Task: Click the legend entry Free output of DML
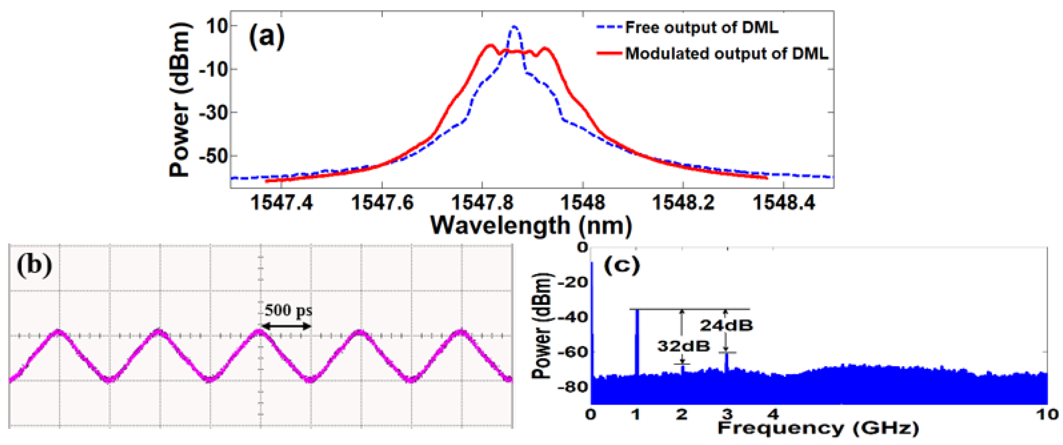(x=701, y=27)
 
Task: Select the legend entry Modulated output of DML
(x=726, y=54)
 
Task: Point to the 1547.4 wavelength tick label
(x=282, y=203)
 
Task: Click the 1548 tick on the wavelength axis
(x=582, y=203)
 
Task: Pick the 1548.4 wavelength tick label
(x=784, y=203)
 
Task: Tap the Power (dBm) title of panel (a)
(x=180, y=100)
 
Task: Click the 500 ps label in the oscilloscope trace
(x=288, y=310)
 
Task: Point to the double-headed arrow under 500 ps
(x=286, y=326)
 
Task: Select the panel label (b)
(x=34, y=265)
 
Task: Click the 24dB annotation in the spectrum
(x=726, y=325)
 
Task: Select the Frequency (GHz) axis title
(x=818, y=428)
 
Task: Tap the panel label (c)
(x=622, y=265)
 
